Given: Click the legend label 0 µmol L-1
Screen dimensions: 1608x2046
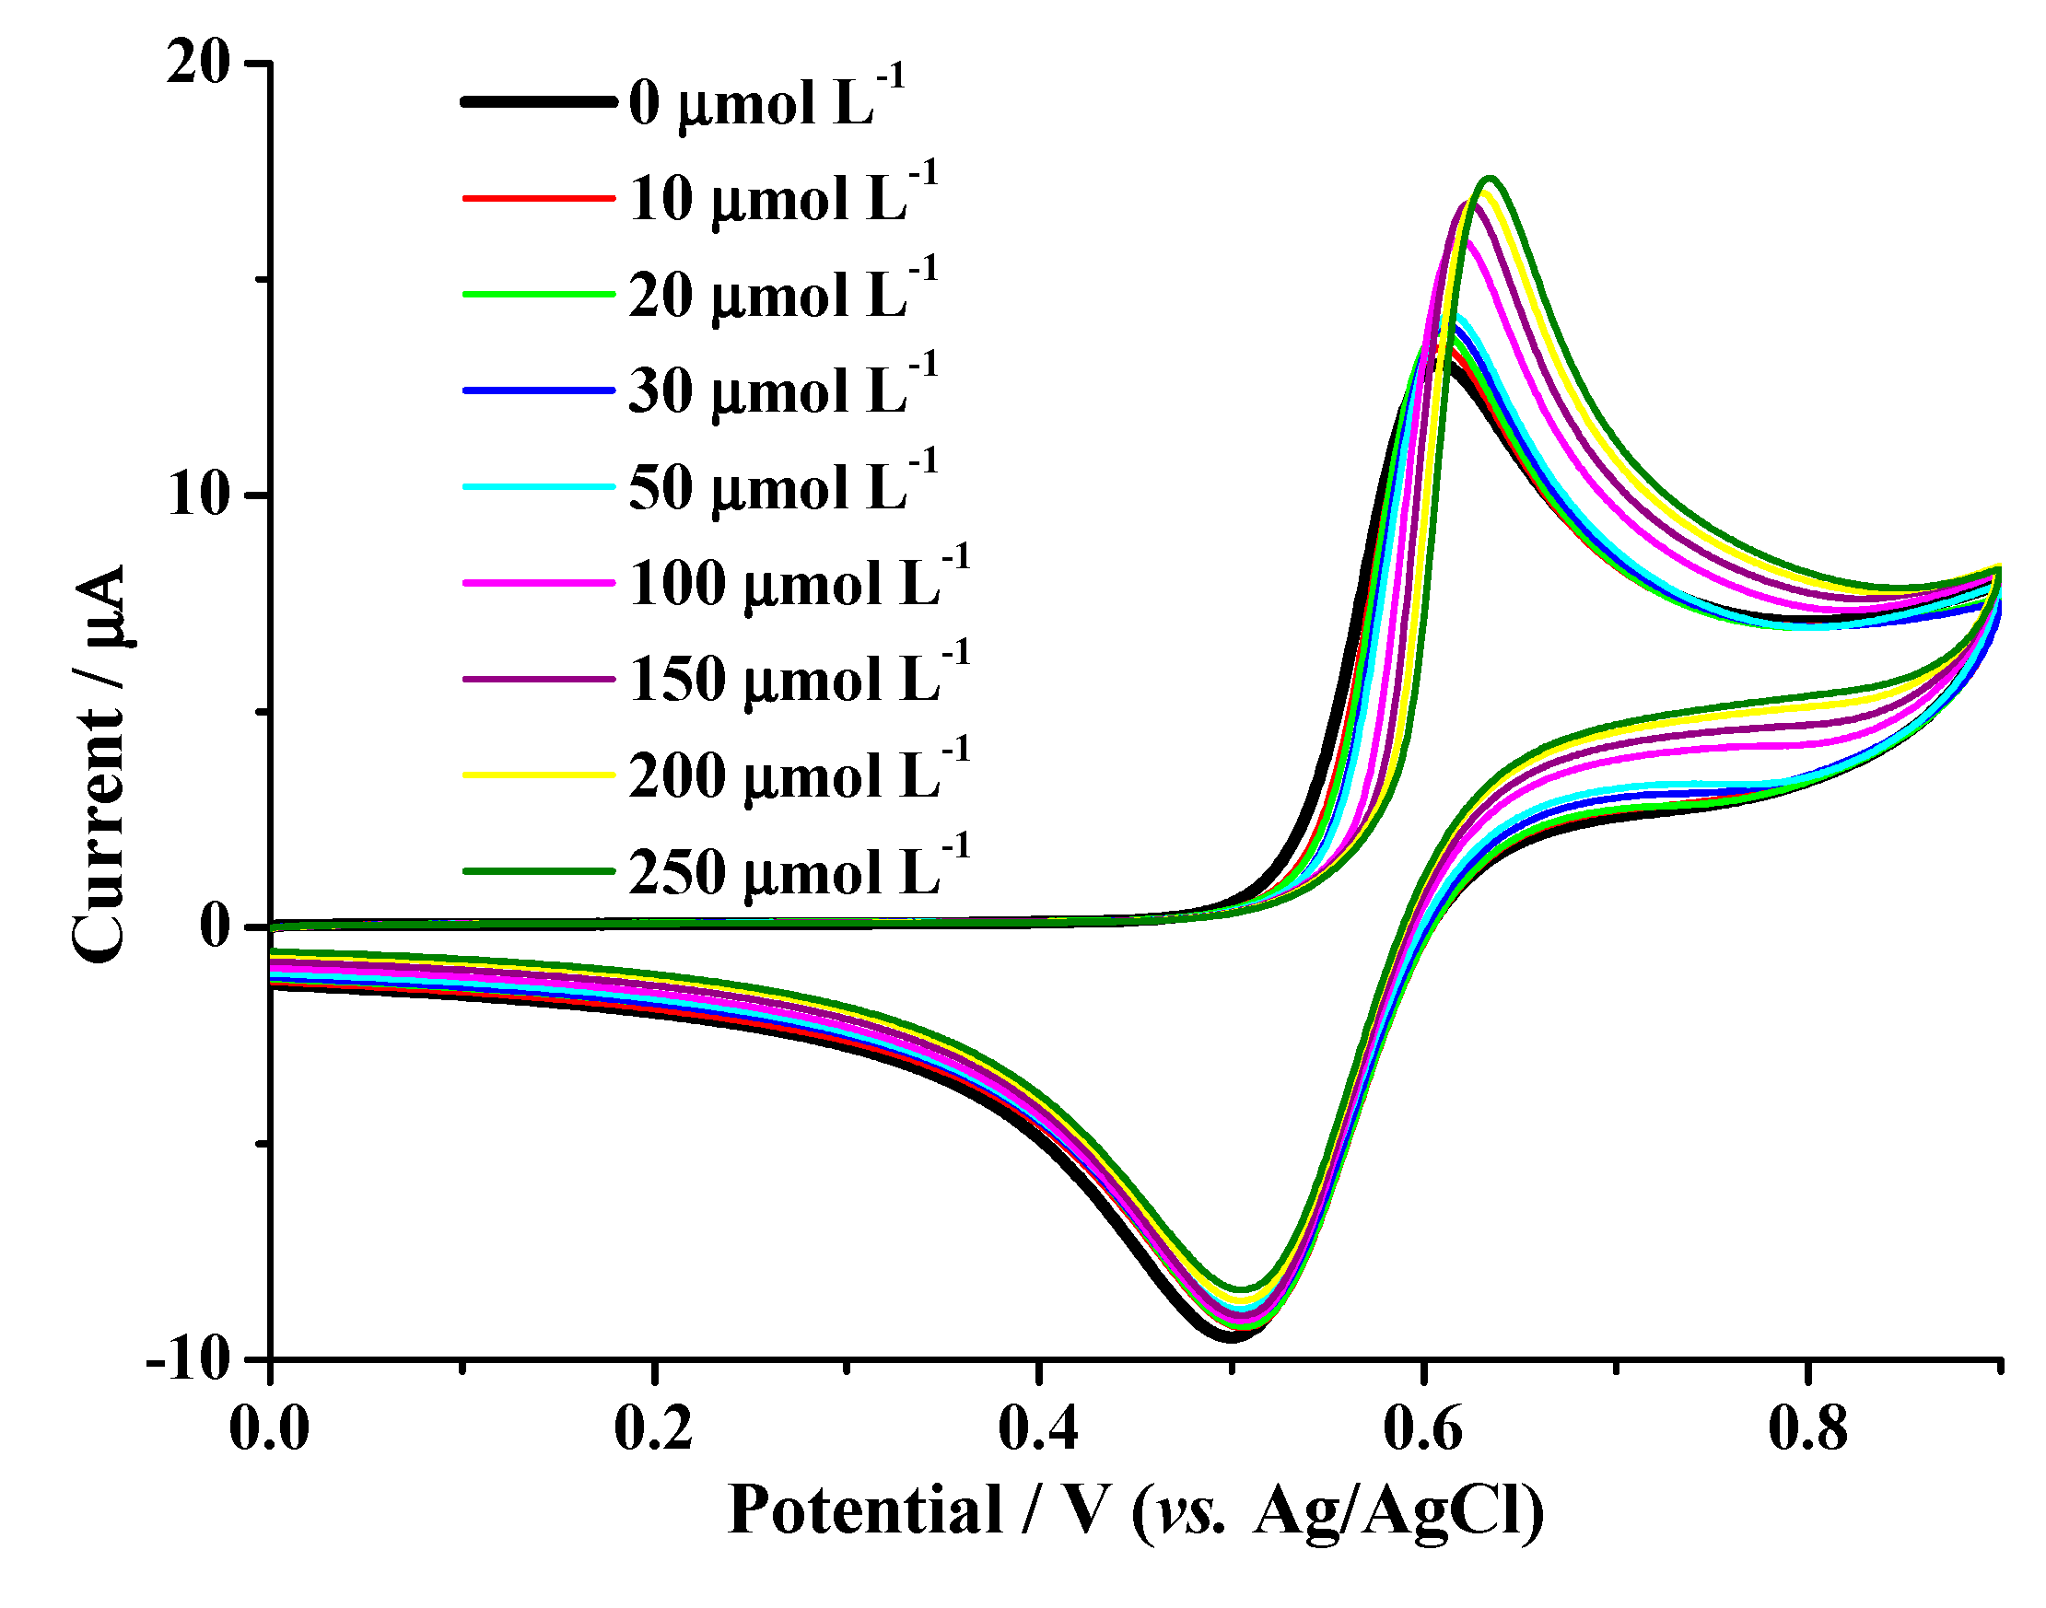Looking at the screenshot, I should [765, 101].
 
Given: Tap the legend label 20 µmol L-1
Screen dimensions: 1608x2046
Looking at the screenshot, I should [781, 295].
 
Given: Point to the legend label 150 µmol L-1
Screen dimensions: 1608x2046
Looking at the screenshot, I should [798, 679].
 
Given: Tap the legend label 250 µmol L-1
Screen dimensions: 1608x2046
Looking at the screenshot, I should [798, 872].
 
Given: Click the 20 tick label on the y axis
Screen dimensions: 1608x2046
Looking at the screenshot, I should [199, 65].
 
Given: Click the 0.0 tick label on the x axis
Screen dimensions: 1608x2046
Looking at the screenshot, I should [269, 1429].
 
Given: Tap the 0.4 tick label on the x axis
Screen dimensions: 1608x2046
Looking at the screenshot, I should [1037, 1429].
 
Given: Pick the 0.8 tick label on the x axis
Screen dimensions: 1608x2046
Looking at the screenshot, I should [1806, 1429].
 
